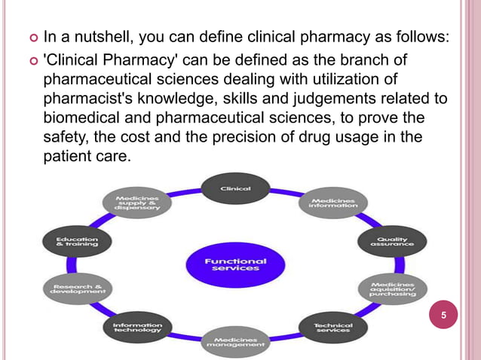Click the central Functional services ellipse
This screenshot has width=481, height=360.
[x=236, y=264]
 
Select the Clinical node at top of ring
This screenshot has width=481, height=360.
[x=234, y=189]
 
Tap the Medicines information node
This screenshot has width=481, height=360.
[x=332, y=203]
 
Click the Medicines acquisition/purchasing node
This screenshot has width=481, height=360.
[x=393, y=290]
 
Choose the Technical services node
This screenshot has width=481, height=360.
[x=332, y=327]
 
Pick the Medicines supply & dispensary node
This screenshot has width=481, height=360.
[x=137, y=203]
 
